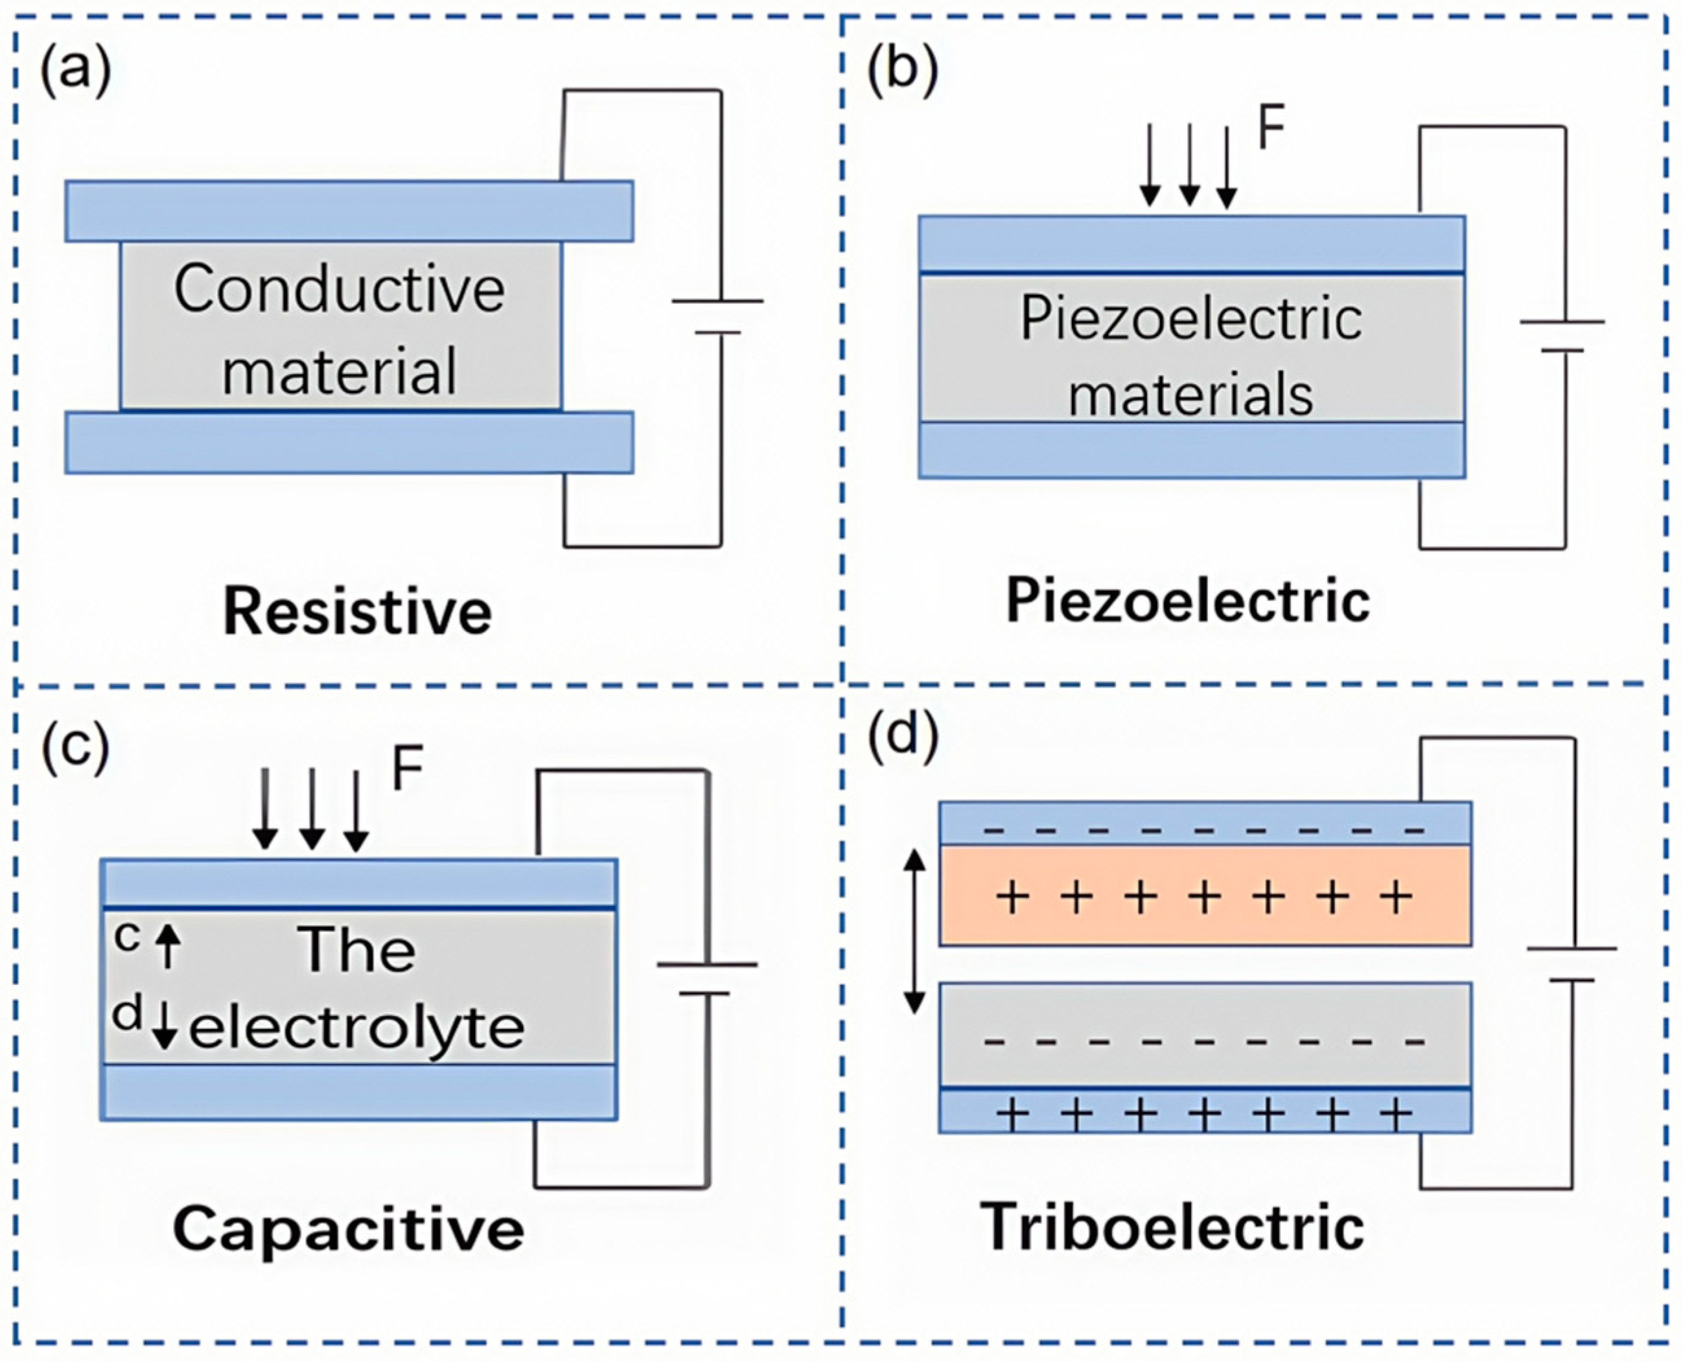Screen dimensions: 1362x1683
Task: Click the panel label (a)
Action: (75, 71)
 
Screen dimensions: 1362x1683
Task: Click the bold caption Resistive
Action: (358, 612)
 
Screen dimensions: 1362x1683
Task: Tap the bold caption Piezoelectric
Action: (1188, 602)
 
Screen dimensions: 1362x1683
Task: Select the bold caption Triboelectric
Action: (1172, 1227)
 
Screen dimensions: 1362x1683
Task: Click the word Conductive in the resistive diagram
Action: (339, 290)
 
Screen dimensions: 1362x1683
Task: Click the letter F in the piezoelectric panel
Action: (1270, 130)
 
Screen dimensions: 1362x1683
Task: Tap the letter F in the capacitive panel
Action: (407, 769)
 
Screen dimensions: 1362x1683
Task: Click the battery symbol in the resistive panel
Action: (718, 316)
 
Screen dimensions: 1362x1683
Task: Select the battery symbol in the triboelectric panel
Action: (1572, 964)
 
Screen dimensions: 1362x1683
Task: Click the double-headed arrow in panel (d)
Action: (914, 931)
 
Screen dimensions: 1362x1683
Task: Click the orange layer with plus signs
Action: (1204, 895)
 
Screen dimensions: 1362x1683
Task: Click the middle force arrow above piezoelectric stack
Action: (1189, 165)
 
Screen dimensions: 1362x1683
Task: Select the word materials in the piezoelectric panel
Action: (1190, 395)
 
